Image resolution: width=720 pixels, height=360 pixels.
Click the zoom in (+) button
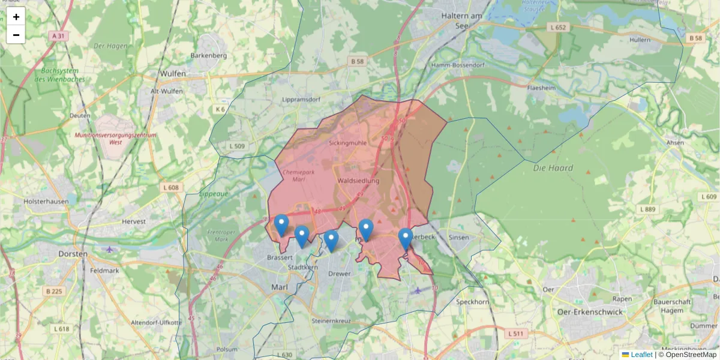[16, 17]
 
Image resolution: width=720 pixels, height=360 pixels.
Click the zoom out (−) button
[16, 35]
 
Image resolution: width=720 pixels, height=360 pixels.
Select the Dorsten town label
[74, 254]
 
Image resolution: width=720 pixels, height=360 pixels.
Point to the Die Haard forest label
[553, 168]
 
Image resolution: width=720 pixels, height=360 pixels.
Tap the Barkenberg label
[208, 56]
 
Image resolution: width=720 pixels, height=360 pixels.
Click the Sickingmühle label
[347, 143]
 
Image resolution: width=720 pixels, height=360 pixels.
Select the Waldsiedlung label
[358, 181]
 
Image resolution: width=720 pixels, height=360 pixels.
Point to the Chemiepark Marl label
[295, 175]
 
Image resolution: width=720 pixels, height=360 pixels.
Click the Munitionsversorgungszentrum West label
[115, 139]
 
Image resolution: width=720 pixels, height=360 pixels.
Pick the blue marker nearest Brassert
[281, 226]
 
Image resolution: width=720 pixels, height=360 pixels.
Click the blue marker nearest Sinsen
[406, 239]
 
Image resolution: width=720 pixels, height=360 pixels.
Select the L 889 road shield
[648, 209]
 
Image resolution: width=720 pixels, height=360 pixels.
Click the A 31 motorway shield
[58, 36]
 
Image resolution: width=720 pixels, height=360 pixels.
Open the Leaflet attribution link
[641, 355]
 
